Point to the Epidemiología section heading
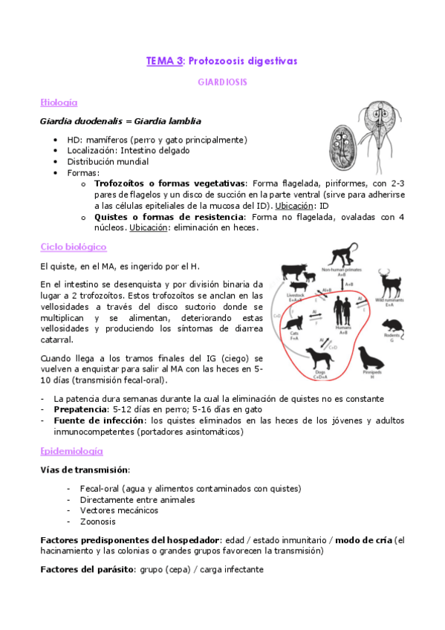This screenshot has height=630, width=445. click(x=71, y=451)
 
